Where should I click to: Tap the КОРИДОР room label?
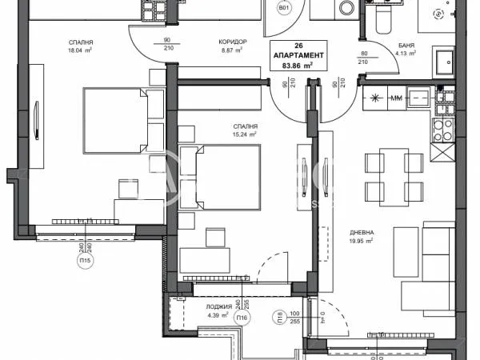pos(232,41)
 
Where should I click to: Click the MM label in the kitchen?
pos(394,98)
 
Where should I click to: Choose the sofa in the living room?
pos(438,264)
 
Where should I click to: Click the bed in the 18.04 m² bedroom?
pos(116,119)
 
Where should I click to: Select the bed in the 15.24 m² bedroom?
pos(219,175)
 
